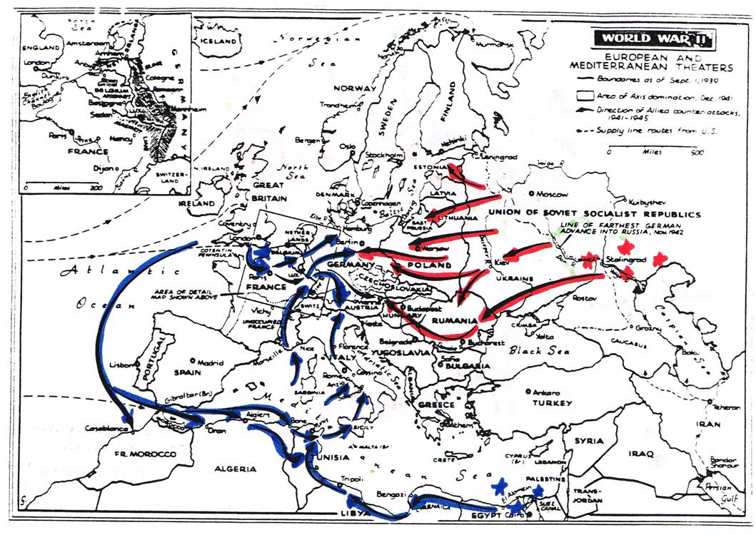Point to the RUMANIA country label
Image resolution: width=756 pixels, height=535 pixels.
coord(453,321)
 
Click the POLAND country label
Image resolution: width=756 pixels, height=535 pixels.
coord(430,265)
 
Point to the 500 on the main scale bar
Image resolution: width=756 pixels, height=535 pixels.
coord(696,151)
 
